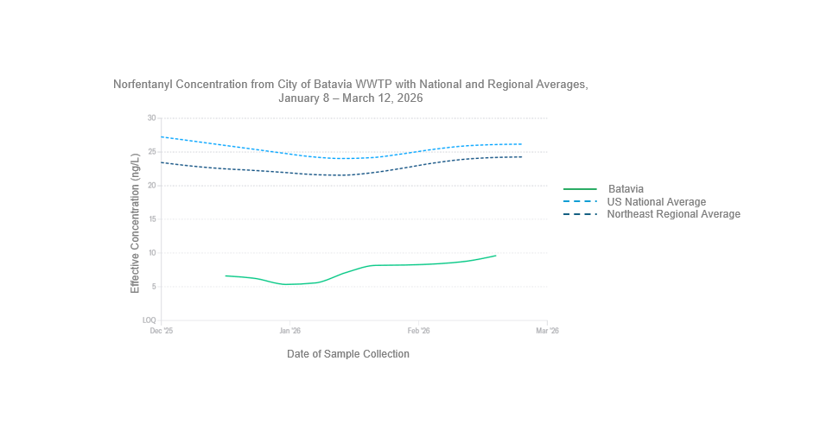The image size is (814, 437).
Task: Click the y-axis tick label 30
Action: [151, 118]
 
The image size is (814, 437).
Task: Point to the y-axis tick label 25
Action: [151, 152]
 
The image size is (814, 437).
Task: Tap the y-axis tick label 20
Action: [151, 186]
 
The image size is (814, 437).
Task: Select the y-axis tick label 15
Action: [151, 219]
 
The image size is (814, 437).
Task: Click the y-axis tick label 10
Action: [151, 253]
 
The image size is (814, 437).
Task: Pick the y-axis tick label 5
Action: [153, 287]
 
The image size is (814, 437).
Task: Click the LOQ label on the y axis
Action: [149, 320]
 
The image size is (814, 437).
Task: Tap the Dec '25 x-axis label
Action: [162, 331]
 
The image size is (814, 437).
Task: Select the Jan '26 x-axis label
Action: [289, 331]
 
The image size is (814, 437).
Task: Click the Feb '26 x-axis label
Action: [418, 331]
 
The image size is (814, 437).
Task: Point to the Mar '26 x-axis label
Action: [547, 331]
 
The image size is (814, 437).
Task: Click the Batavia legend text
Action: [626, 189]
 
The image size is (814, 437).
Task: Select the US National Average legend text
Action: [656, 202]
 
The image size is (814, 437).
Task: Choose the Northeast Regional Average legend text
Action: [673, 214]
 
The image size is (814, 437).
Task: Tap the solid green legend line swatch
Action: [580, 189]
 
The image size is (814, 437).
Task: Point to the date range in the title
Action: [350, 98]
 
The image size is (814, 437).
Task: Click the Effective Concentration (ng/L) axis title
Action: [135, 223]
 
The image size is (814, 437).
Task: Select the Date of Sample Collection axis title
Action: [347, 354]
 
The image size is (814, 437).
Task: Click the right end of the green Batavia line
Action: [496, 256]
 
